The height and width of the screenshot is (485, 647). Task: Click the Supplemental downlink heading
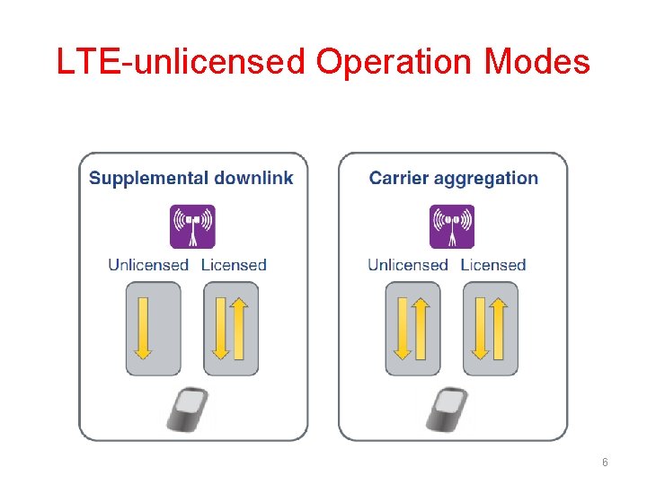coord(191,178)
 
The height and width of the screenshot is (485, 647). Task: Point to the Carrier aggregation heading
coord(454,178)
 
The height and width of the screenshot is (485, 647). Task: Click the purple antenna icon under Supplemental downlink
coord(193,226)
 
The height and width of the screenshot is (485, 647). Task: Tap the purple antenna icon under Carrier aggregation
coord(452,226)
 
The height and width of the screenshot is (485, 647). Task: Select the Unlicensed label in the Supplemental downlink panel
coord(148,265)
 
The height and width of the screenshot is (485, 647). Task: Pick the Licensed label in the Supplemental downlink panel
coord(234,265)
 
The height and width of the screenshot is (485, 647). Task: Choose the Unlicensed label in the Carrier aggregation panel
coord(407,265)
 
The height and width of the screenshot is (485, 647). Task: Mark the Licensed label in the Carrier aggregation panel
coord(492,265)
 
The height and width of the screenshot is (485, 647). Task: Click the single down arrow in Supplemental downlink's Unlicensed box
coord(142,328)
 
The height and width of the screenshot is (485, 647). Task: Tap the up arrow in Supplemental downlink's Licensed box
coord(239,328)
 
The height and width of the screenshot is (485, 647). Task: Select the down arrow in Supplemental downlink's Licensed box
coord(221,328)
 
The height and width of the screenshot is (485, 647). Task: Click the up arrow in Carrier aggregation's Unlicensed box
coord(421,328)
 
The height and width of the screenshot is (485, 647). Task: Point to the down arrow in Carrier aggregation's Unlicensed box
coord(403,328)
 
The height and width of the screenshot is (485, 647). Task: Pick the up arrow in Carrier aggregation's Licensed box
coord(499,328)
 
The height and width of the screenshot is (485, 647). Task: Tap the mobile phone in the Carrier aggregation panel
coord(449,410)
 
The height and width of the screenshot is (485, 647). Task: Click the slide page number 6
coord(605,462)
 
